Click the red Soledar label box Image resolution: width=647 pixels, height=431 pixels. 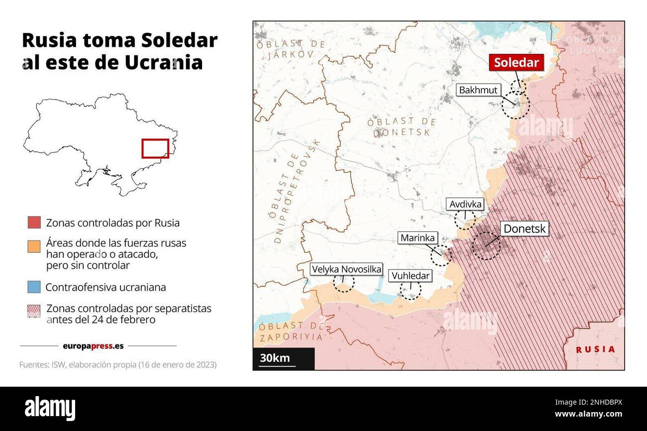(516, 63)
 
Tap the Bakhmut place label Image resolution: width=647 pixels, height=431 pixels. (478, 91)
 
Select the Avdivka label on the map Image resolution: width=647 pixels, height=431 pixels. (465, 204)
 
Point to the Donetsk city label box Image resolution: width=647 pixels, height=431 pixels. (525, 229)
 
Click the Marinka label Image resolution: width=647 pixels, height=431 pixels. (418, 238)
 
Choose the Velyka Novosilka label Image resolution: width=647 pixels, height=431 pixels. (346, 269)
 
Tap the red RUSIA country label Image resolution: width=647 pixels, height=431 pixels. (595, 349)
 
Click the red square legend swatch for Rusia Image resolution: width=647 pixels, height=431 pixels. (34, 222)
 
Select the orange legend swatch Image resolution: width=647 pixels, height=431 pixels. (34, 246)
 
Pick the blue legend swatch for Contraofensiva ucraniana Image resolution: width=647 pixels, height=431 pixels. (34, 287)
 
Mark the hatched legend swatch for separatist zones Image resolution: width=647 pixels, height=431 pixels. (34, 311)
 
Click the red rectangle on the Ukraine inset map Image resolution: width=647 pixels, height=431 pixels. (155, 148)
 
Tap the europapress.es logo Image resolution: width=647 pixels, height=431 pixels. (93, 345)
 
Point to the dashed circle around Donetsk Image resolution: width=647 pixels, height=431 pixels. (486, 245)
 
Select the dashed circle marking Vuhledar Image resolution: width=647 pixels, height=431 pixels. (411, 290)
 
